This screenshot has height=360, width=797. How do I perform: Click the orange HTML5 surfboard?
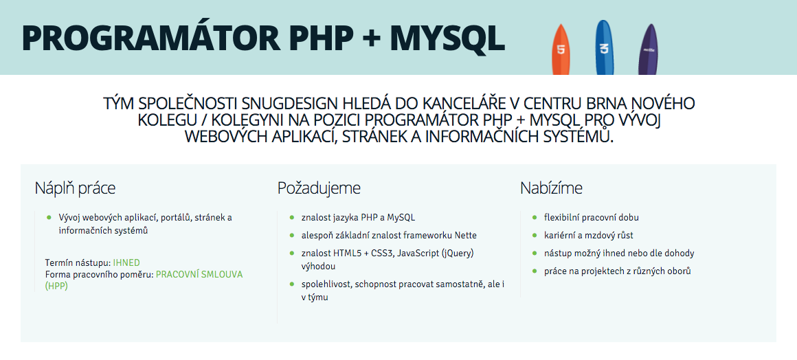(561, 49)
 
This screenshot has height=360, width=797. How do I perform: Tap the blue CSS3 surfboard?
(604, 48)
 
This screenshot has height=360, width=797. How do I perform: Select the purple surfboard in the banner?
(648, 50)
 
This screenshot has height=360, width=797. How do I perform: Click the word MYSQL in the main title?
(447, 39)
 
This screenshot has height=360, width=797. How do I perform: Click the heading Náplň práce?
(75, 188)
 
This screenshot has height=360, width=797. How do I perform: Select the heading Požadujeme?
(319, 188)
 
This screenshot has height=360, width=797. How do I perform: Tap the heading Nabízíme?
(551, 188)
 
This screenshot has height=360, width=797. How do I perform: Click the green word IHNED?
(126, 262)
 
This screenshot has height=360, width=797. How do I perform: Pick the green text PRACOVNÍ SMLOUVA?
(199, 274)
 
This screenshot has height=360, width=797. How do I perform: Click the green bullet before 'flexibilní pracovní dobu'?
(535, 217)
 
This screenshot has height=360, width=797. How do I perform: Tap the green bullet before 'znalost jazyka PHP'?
(292, 217)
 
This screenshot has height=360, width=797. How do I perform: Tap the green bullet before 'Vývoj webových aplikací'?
(49, 217)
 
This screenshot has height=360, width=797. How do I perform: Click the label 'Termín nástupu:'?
(78, 262)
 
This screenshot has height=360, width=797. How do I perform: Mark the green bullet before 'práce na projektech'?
(535, 271)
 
